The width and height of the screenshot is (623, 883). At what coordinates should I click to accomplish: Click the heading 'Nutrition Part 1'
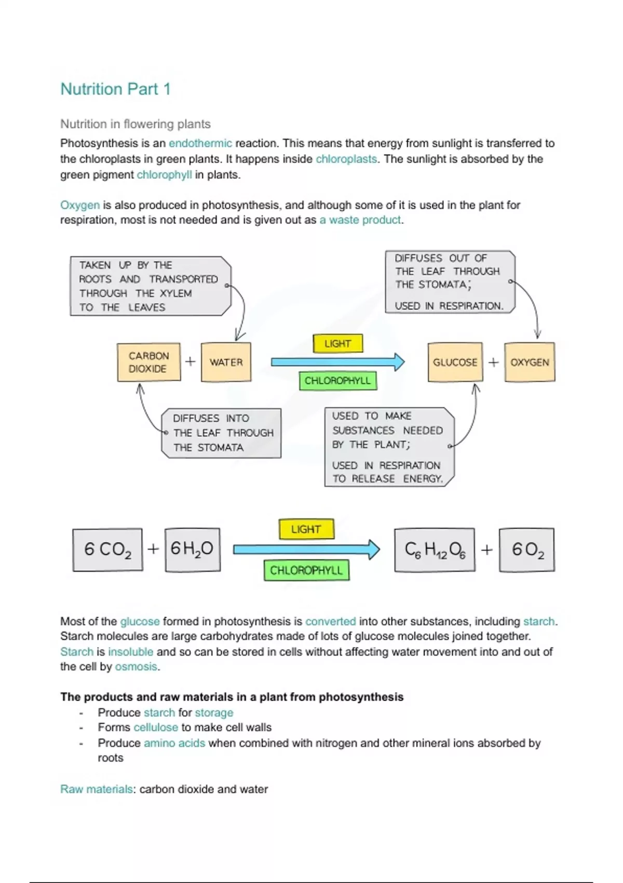coord(115,89)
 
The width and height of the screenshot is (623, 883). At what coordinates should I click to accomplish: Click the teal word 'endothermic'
coord(200,143)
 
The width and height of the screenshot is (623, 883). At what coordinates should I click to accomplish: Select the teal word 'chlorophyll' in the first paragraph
coord(164,175)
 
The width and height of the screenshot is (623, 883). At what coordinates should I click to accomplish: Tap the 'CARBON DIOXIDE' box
coord(149,362)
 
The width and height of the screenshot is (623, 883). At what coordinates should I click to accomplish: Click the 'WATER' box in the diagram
coord(226,362)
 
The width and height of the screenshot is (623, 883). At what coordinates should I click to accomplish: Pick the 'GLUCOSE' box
coord(455,362)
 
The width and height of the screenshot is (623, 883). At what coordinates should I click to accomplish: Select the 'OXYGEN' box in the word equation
coord(530,362)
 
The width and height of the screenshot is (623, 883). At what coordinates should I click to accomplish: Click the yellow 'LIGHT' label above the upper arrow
coord(337,343)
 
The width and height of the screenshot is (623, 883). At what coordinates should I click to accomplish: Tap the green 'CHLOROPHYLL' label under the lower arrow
coord(306,570)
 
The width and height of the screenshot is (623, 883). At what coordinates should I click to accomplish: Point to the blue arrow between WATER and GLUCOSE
coord(337,362)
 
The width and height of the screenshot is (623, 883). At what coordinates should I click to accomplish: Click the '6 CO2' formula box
coord(107,550)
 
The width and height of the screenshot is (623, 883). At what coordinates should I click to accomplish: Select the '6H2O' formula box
coord(192,550)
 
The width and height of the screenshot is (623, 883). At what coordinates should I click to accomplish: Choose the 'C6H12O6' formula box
coord(435,550)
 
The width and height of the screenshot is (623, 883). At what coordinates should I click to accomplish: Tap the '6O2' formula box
coord(527,550)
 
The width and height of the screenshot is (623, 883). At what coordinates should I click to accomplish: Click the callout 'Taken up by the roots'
coord(149,286)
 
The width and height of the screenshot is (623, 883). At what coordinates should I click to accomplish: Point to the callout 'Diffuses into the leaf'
coord(222,433)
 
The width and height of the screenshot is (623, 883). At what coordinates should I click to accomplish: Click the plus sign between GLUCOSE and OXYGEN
coord(493,362)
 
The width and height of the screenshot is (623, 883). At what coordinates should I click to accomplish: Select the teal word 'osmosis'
coord(136,666)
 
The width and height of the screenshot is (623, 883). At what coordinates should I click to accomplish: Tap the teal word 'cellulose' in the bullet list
coord(156,727)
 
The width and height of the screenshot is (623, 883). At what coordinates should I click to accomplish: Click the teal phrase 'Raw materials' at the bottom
coord(97,789)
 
